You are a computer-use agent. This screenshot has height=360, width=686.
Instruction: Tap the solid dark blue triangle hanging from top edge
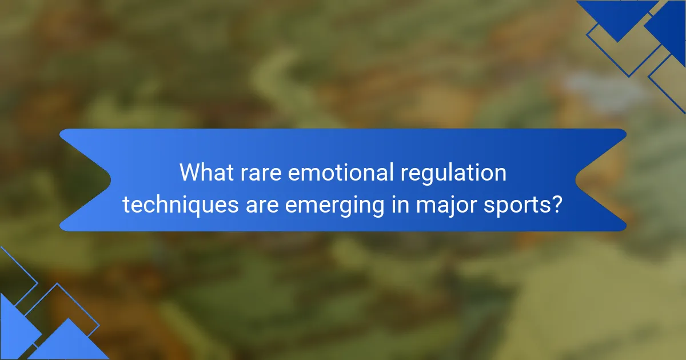pos(617,17)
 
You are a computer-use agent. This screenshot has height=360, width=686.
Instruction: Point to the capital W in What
pos(189,173)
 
